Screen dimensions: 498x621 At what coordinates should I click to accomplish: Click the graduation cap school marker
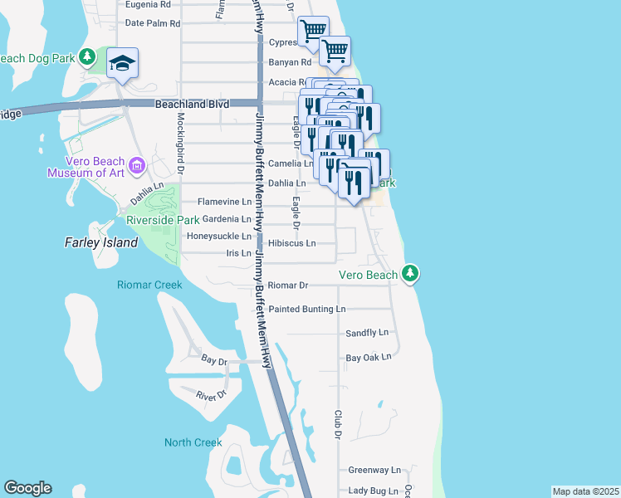pos(122,63)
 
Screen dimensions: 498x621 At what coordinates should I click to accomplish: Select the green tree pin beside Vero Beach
pos(409,273)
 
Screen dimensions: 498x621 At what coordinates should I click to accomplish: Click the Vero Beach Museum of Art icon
pos(137,163)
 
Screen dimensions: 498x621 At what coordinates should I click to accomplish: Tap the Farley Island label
pos(96,242)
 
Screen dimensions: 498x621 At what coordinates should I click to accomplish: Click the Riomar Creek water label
pos(149,285)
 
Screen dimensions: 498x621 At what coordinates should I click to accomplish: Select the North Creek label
pos(193,442)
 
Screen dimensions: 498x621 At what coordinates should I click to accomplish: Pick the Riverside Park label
pos(163,220)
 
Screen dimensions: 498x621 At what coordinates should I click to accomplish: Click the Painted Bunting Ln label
pos(306,309)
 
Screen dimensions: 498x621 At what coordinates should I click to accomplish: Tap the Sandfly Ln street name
pos(367,333)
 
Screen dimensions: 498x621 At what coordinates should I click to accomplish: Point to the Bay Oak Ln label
pos(368,358)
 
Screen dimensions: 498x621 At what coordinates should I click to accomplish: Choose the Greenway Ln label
pos(374,469)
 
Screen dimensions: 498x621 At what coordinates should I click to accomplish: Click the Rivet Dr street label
pos(212,396)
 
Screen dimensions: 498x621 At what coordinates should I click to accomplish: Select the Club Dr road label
pos(339,424)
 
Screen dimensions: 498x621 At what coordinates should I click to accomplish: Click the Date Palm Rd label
pos(152,23)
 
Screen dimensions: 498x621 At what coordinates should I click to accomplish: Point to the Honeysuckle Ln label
pos(218,236)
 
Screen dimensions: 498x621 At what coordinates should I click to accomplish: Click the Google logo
pos(27,488)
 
